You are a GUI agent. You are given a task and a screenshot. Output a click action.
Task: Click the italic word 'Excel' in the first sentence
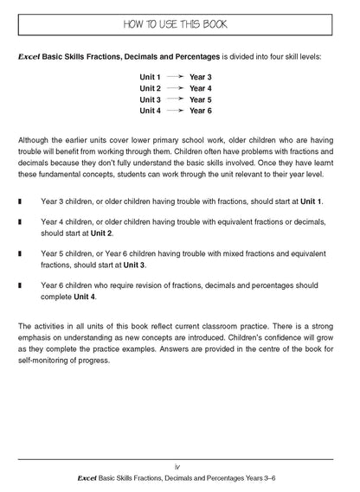click(30, 55)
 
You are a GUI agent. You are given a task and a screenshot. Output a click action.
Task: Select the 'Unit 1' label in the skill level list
click(151, 77)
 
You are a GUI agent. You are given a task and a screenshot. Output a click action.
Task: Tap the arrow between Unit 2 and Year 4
click(176, 88)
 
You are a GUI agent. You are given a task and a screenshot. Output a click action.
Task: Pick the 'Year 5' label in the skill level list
click(201, 99)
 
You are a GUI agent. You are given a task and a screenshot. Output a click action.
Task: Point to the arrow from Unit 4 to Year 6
click(176, 111)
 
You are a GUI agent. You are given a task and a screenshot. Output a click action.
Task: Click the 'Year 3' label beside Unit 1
click(201, 77)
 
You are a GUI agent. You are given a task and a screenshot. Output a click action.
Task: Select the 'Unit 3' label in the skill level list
click(151, 99)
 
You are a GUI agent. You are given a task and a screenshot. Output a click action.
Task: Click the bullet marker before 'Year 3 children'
click(20, 201)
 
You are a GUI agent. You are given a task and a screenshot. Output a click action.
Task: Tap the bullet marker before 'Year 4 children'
click(20, 222)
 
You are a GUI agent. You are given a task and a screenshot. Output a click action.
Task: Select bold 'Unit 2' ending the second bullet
click(98, 233)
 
